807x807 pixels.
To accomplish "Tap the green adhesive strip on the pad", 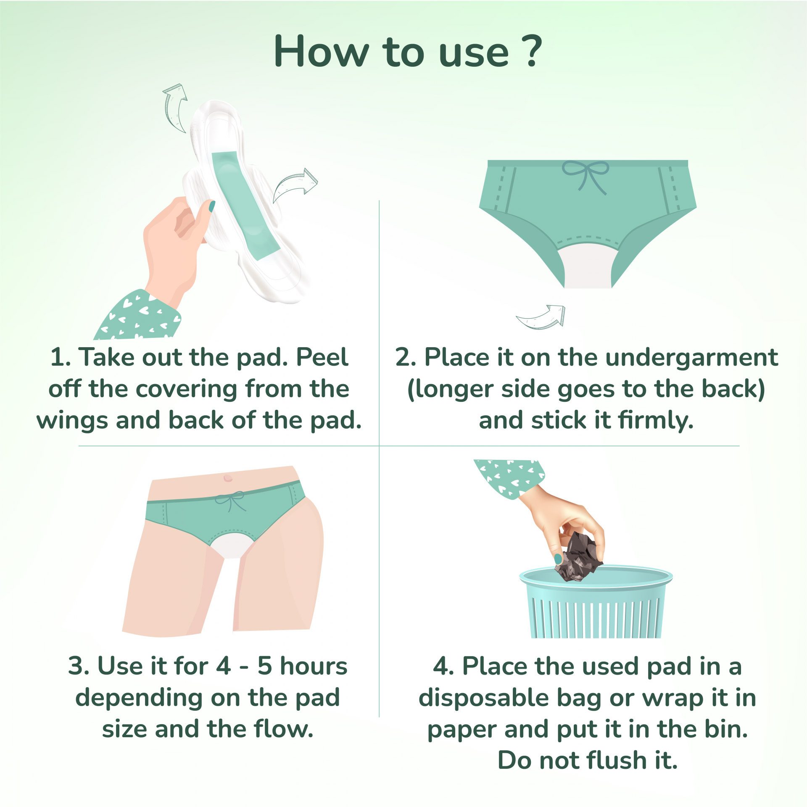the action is click(x=245, y=206).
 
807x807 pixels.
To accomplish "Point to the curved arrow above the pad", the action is click(x=174, y=108).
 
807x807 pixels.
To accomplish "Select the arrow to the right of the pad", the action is click(x=294, y=185).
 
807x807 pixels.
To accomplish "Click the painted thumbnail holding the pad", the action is click(x=212, y=206).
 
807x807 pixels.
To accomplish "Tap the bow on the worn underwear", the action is click(x=230, y=500).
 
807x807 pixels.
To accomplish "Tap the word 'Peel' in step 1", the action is click(x=322, y=357).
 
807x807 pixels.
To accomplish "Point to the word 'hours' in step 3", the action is click(x=314, y=666).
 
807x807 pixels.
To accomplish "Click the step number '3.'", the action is click(x=79, y=666).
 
